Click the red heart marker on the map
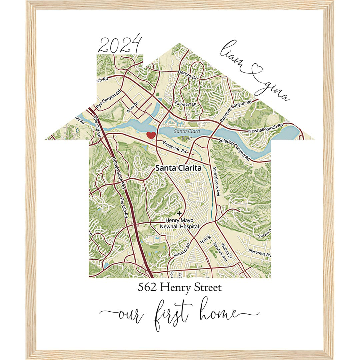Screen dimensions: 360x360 click(151, 135)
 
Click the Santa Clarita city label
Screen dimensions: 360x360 click(178, 168)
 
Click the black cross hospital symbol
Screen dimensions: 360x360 click(180, 213)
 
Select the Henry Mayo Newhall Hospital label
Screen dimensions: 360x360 click(182, 223)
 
